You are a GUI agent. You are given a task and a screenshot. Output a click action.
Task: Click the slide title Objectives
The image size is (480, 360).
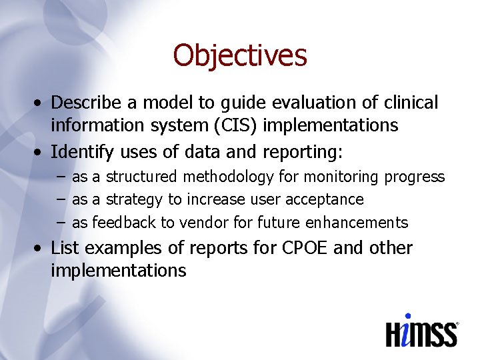tap(240, 55)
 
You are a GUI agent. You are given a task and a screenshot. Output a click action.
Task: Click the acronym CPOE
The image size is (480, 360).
tap(300, 248)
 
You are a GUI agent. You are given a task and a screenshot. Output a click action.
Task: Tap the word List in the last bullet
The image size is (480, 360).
tap(65, 248)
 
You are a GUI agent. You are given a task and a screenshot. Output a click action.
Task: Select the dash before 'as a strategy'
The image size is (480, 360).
tap(61, 199)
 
